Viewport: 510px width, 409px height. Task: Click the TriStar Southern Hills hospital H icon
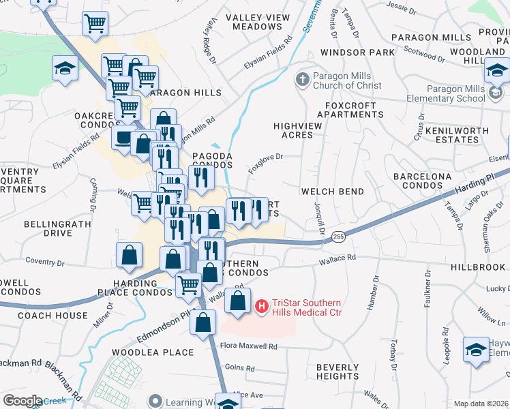[x=260, y=307]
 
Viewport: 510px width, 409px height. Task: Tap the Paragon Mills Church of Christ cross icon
[x=303, y=80]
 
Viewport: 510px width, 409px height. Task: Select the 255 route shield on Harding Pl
[x=337, y=237]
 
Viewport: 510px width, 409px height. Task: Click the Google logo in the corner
[x=22, y=401]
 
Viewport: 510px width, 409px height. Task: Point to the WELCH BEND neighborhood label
[x=332, y=192]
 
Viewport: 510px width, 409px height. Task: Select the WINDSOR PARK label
[x=357, y=52]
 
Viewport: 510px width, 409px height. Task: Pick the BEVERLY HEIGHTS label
[x=337, y=372]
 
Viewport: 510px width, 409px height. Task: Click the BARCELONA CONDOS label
[x=422, y=181]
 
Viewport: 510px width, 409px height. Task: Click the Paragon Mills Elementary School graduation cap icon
[x=498, y=70]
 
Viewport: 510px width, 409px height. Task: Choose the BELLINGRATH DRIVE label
[x=48, y=228]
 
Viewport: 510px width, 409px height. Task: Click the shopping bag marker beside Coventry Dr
[x=129, y=256]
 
